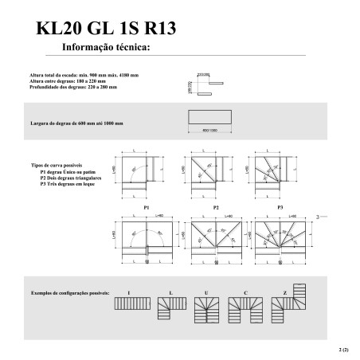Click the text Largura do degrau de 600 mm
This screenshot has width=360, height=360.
coord(76,124)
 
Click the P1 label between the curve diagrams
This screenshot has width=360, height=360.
coord(147,206)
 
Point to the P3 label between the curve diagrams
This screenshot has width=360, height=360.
coord(280,206)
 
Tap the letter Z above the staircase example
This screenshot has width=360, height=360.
coord(284,294)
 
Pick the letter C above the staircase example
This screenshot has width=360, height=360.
coord(246,294)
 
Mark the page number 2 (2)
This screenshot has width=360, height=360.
coord(343,349)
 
